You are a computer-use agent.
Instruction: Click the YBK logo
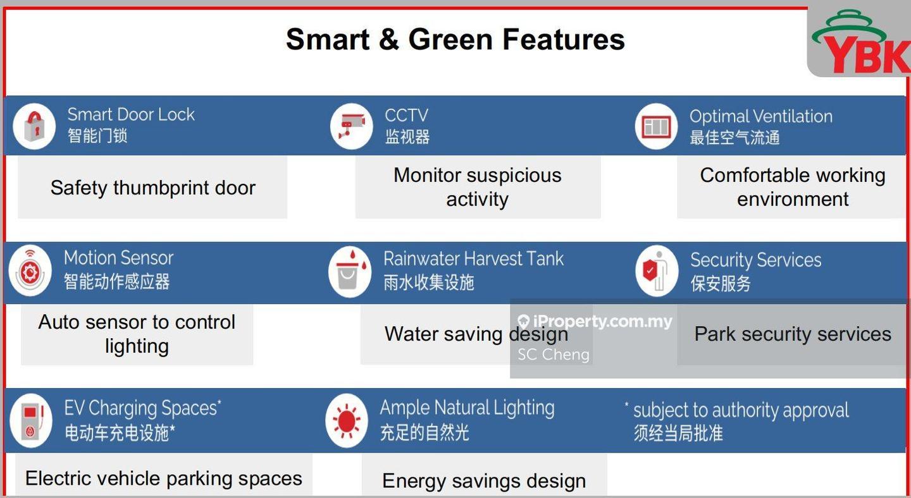(x=860, y=42)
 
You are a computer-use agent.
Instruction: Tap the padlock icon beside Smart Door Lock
(x=34, y=126)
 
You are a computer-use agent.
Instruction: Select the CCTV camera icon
(x=351, y=126)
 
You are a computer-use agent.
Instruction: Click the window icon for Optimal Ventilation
(x=656, y=126)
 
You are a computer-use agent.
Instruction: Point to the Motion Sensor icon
(x=30, y=270)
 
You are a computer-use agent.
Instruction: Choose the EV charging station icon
(x=32, y=421)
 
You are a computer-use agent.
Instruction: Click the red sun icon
(x=347, y=421)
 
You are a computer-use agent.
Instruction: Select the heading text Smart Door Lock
(x=131, y=114)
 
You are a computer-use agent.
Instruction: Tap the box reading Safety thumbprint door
(x=152, y=188)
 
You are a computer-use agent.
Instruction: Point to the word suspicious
(x=514, y=176)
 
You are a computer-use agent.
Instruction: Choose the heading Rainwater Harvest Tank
(x=474, y=258)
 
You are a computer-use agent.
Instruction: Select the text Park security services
(x=793, y=334)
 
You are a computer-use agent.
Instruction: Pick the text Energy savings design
(x=484, y=481)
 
